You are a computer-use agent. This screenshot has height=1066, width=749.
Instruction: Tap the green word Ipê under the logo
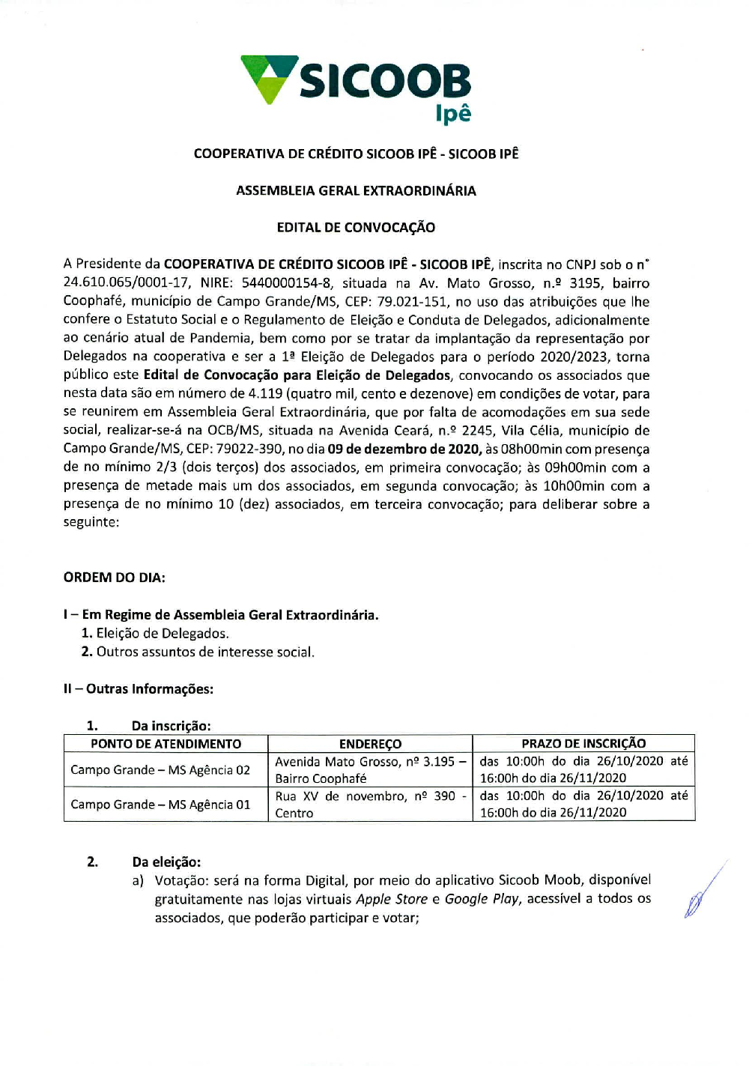pyautogui.click(x=453, y=114)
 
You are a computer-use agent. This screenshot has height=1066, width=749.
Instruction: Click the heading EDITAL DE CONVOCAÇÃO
pyautogui.click(x=356, y=228)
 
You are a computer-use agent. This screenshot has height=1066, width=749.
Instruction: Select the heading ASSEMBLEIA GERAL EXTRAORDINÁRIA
pyautogui.click(x=356, y=191)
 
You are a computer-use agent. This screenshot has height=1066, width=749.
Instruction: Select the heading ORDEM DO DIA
pyautogui.click(x=114, y=578)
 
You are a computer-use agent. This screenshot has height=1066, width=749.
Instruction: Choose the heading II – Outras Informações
pyautogui.click(x=138, y=689)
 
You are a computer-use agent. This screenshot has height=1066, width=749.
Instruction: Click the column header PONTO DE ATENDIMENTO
pyautogui.click(x=166, y=744)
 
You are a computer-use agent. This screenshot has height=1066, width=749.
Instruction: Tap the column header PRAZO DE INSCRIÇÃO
pyautogui.click(x=583, y=744)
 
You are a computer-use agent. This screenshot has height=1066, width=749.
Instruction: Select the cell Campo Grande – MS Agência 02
pyautogui.click(x=160, y=770)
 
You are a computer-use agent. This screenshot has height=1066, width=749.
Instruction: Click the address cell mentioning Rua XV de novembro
pyautogui.click(x=370, y=805)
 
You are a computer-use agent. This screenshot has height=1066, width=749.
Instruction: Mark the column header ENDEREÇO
pyautogui.click(x=370, y=744)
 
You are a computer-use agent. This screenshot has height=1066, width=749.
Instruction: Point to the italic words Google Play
pyautogui.click(x=482, y=899)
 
